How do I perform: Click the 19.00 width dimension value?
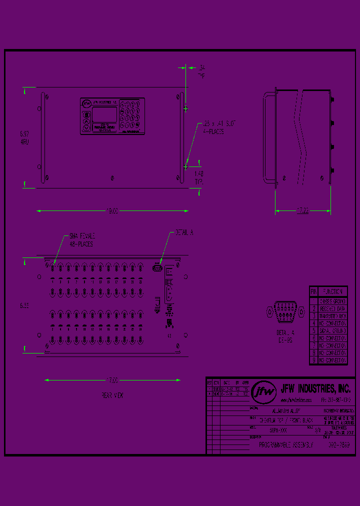tap(113, 211)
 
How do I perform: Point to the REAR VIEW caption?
tap(112, 395)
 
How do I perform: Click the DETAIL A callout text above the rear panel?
tap(184, 233)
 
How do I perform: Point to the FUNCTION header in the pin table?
tap(333, 291)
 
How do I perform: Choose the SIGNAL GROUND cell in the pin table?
tap(333, 331)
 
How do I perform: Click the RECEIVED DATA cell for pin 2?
tap(333, 309)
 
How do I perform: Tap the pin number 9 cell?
tap(314, 360)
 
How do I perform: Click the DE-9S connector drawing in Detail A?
tap(285, 311)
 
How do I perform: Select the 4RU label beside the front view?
tap(24, 141)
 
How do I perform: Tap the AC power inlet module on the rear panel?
tap(169, 290)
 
